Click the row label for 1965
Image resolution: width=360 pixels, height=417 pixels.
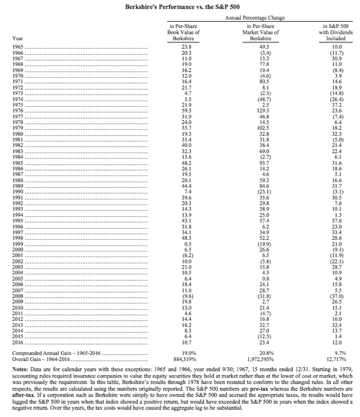18,46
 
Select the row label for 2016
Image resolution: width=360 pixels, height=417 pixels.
18,344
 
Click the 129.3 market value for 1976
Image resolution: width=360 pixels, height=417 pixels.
264,110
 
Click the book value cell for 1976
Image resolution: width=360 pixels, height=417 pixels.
186,110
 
